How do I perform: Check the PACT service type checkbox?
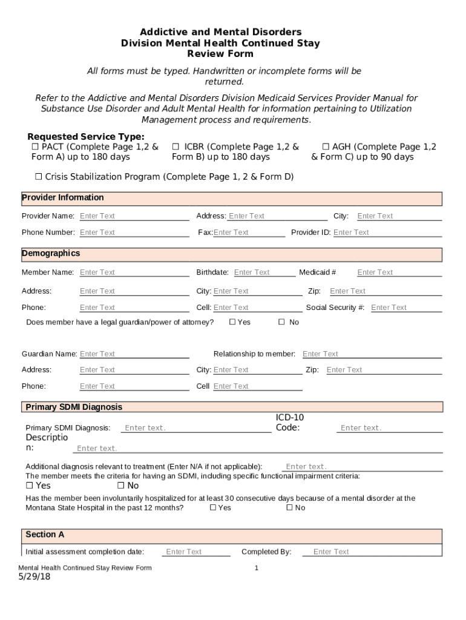click(35, 147)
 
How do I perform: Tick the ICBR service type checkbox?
click(176, 147)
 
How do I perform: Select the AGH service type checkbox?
click(326, 147)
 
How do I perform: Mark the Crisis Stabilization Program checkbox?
click(38, 177)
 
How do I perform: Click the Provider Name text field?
click(133, 216)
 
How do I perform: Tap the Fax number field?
click(248, 232)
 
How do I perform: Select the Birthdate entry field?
click(264, 272)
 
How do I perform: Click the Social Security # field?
click(405, 308)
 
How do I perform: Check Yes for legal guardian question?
click(232, 322)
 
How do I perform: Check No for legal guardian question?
click(281, 322)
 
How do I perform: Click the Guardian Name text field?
click(133, 354)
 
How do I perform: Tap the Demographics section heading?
click(51, 253)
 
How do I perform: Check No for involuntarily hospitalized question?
click(289, 508)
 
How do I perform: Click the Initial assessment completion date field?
click(195, 552)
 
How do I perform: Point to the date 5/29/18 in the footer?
click(34, 577)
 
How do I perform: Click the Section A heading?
click(45, 535)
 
